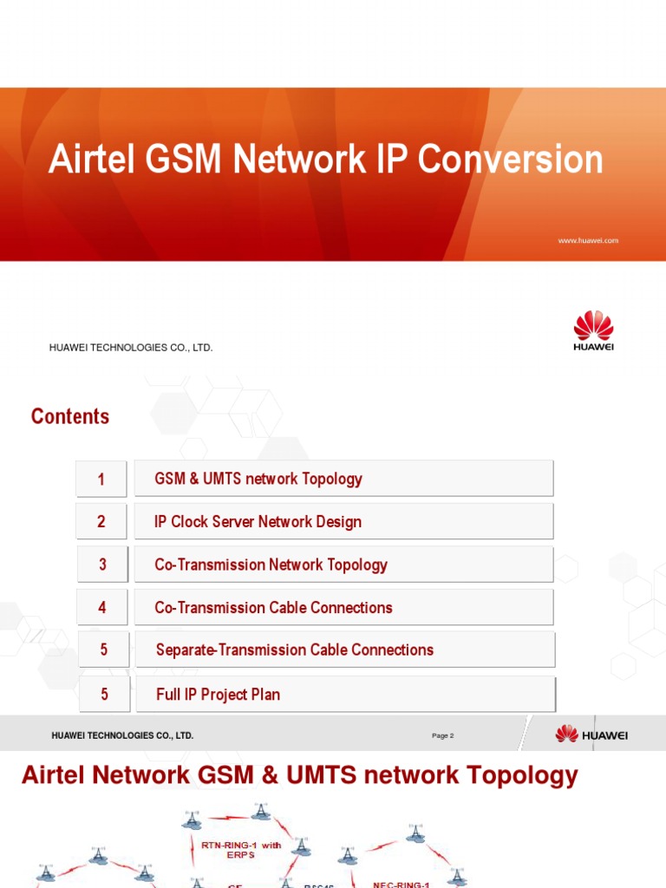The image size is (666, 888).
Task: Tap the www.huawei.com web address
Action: coord(588,240)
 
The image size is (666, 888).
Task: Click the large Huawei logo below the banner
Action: coord(593,331)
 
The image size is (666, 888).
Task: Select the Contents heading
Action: coord(70,416)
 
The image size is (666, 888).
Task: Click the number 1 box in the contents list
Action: coord(101,479)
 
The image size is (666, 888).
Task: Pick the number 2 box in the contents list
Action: coord(101,521)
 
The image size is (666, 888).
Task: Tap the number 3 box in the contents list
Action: coord(102,565)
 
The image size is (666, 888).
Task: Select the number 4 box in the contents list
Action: coord(102,608)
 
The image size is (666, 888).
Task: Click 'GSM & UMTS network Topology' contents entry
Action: coord(258,479)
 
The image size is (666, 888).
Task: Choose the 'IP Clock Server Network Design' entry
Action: coord(258,522)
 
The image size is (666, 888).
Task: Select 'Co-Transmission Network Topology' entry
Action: coord(271,565)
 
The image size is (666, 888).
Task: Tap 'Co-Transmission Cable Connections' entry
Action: coord(273,608)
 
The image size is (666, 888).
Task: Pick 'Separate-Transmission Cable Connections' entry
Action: coord(294,650)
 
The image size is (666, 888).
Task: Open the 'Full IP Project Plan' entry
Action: coord(218,695)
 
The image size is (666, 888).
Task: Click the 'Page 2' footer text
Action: coord(442,735)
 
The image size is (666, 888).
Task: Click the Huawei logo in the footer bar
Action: coord(591,735)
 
